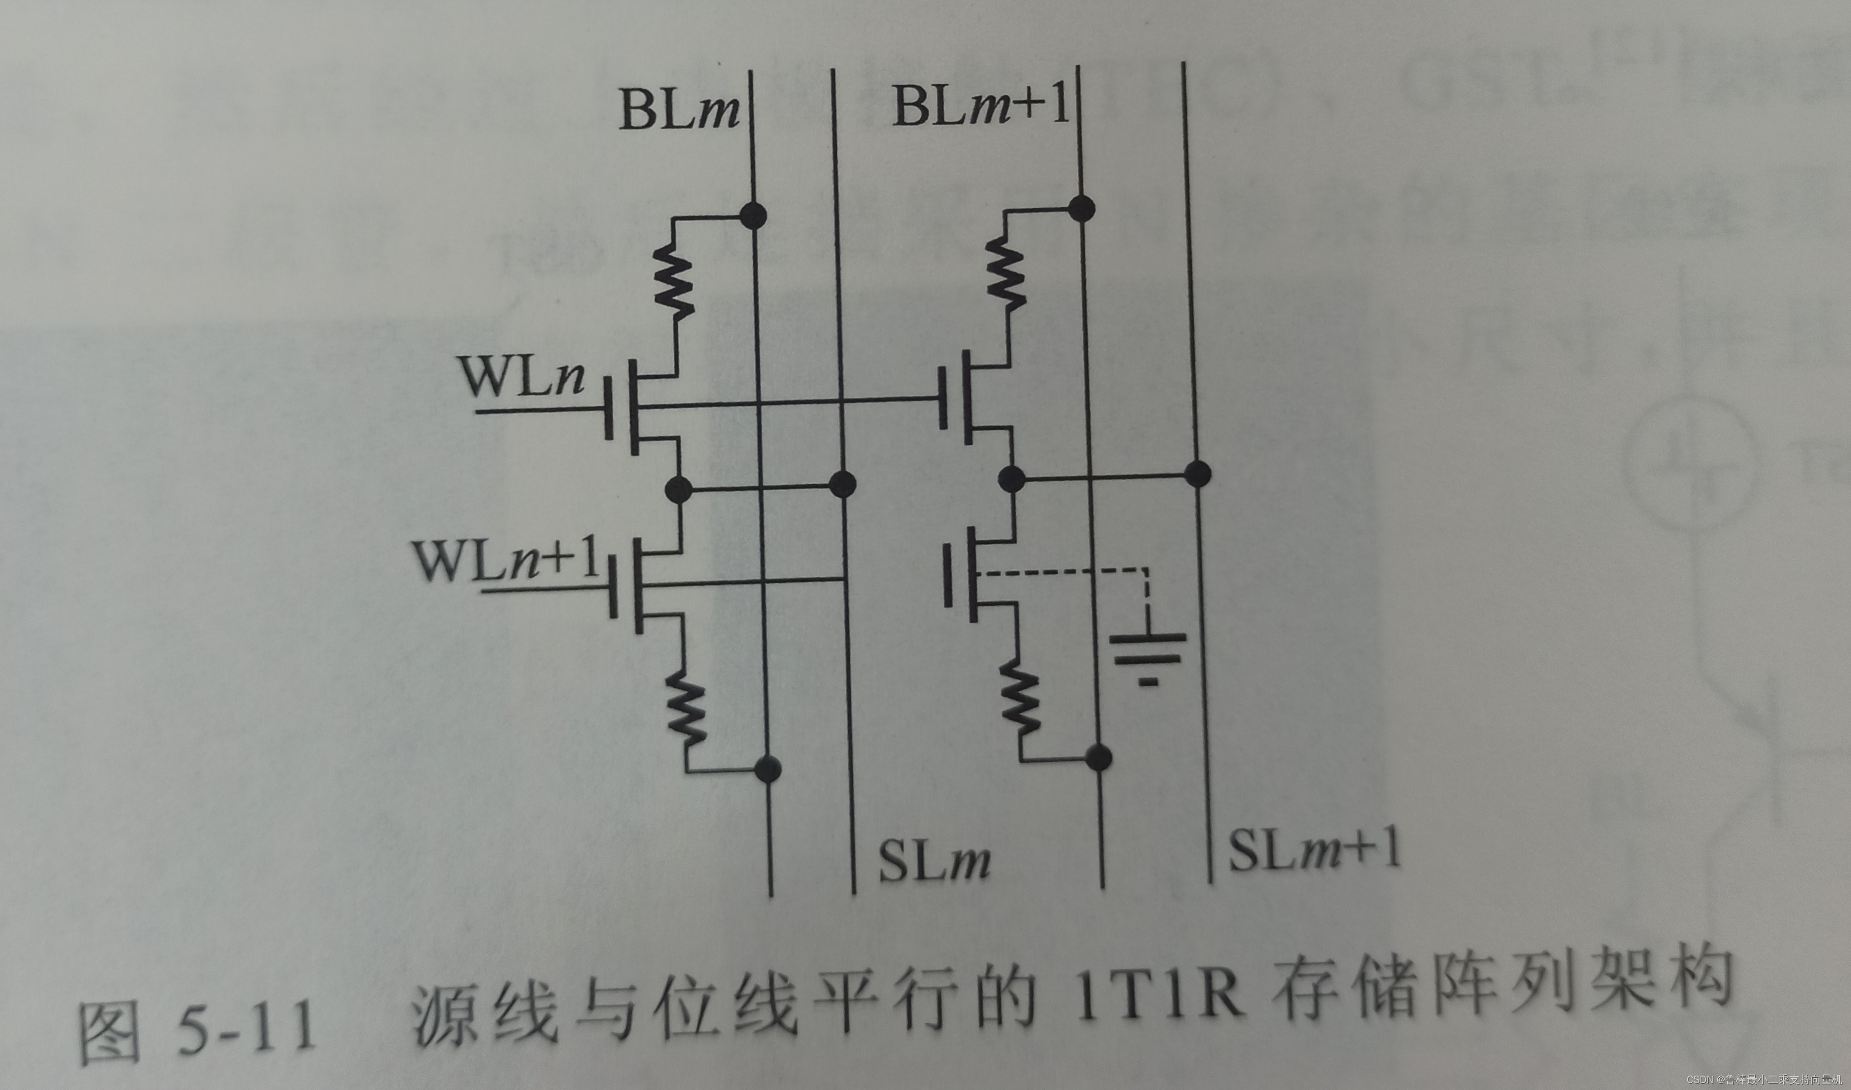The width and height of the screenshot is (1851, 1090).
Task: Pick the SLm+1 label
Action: click(x=1314, y=851)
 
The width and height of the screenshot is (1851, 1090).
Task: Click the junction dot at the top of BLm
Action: click(x=752, y=216)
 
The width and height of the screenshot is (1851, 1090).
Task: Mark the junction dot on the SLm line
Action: click(x=842, y=483)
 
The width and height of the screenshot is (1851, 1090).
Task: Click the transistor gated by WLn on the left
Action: click(x=639, y=408)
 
